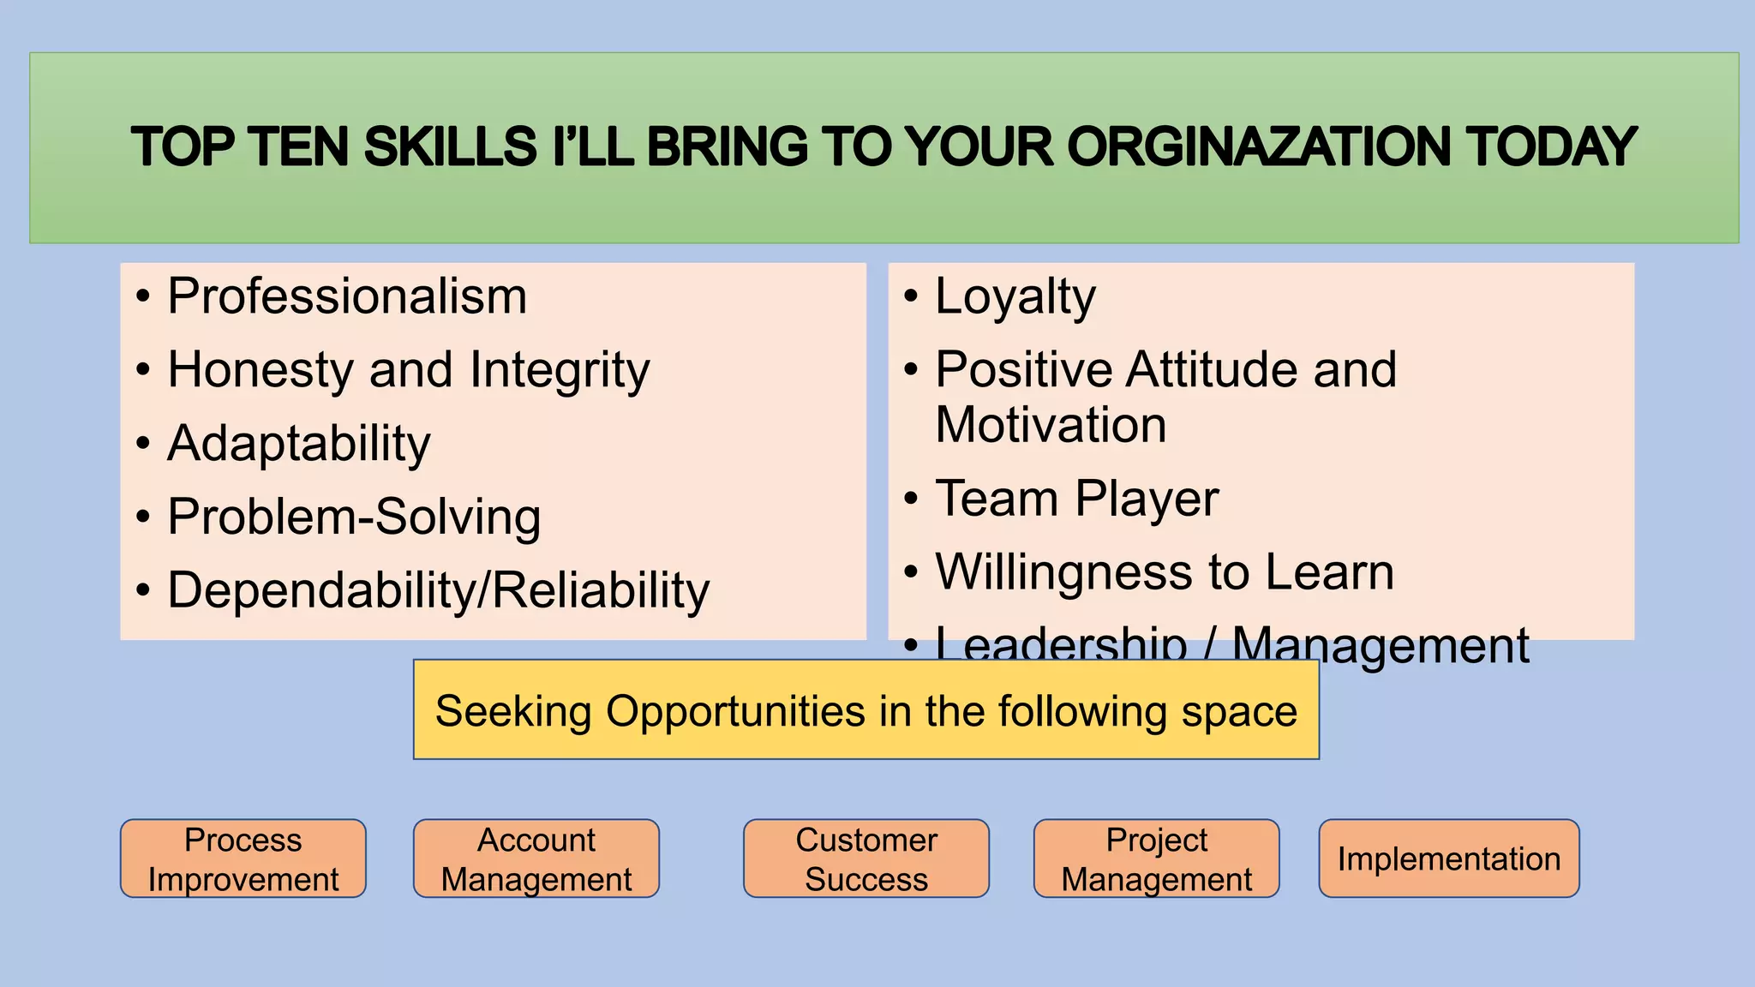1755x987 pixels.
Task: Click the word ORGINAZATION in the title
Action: pos(1260,147)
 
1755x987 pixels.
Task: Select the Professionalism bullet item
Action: pos(347,296)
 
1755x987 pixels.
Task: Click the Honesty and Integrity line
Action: pos(409,370)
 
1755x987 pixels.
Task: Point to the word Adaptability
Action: pos(299,444)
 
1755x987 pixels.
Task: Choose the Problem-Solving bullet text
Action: pos(354,517)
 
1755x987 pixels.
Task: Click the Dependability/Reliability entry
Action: pos(439,591)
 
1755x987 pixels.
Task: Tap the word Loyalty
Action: pos(1015,296)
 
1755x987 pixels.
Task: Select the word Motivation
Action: pos(1051,425)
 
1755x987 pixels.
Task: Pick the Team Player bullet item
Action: pos(1077,499)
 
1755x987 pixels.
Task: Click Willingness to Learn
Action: pos(1165,572)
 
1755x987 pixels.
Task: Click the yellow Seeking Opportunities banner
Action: pos(866,710)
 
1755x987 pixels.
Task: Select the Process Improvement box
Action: pos(243,858)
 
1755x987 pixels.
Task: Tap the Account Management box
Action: pos(536,858)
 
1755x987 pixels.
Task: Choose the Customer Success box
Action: pos(866,858)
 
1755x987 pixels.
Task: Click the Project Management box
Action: pos(1157,858)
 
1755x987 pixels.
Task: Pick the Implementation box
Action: pos(1449,858)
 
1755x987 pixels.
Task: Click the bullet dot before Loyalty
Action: pos(911,297)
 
